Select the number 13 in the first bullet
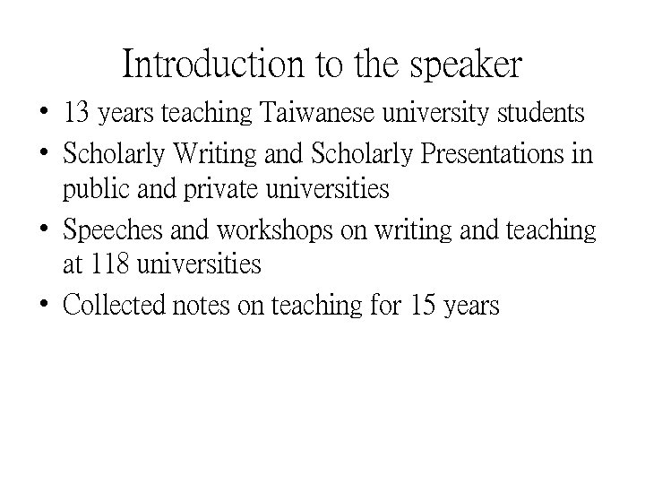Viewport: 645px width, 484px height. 75,115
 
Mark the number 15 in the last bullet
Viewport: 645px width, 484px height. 422,306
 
